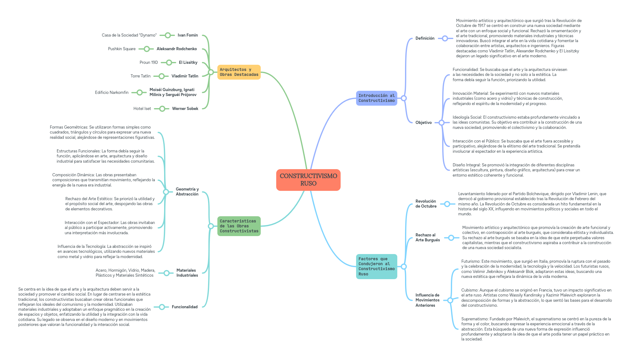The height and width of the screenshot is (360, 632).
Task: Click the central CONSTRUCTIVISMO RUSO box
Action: [x=308, y=180]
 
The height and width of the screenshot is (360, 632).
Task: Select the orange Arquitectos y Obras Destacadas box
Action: [x=239, y=72]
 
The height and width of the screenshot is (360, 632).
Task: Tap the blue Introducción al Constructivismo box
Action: [x=376, y=98]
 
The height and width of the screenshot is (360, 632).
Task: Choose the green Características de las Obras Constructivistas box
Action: [x=239, y=226]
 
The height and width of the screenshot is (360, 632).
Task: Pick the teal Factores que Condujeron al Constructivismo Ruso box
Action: [x=376, y=266]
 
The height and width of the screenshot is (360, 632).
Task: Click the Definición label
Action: [x=425, y=38]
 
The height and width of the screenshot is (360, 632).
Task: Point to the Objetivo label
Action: [x=423, y=123]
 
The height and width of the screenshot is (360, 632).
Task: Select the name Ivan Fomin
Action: [x=188, y=35]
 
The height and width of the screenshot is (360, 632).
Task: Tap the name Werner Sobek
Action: [x=185, y=109]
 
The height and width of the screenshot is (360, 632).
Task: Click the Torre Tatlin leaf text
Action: [x=141, y=76]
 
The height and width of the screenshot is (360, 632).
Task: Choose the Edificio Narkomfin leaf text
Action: [x=112, y=93]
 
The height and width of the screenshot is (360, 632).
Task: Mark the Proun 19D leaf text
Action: [x=149, y=63]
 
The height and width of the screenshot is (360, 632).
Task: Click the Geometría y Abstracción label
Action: [x=187, y=192]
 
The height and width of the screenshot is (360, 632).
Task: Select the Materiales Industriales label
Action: [x=187, y=273]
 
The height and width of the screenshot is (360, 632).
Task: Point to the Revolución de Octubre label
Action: [x=426, y=204]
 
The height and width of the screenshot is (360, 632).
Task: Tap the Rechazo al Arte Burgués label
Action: [x=427, y=238]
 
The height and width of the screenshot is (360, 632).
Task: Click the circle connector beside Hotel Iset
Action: [x=162, y=109]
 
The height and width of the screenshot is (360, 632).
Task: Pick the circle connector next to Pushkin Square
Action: [x=147, y=49]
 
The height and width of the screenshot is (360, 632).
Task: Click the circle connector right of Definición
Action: [x=445, y=38]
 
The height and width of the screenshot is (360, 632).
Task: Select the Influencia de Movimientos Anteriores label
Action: [x=427, y=300]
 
